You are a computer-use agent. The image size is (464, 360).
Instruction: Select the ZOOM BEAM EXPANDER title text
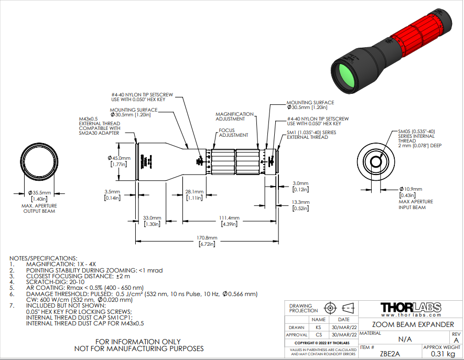[x=410, y=324]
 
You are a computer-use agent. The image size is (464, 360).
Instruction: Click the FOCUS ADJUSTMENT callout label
[x=233, y=133]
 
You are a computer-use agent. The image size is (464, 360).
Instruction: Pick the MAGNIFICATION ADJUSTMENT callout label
[x=234, y=117]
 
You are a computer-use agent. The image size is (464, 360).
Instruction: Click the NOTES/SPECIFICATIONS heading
[x=44, y=258]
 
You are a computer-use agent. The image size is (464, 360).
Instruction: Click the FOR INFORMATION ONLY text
[x=139, y=341]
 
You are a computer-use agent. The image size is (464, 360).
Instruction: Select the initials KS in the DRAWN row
[x=318, y=327]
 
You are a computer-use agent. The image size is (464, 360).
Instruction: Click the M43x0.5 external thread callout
[x=96, y=126]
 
